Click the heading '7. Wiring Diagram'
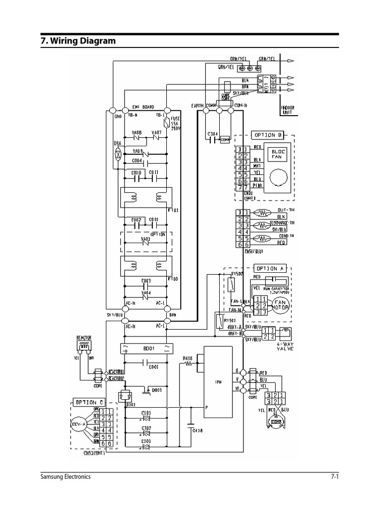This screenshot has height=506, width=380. coord(78,41)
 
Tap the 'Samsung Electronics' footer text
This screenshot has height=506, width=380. coord(65,477)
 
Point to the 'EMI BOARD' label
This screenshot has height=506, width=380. coord(143,107)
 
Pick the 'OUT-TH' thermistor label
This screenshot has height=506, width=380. coord(284,210)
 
